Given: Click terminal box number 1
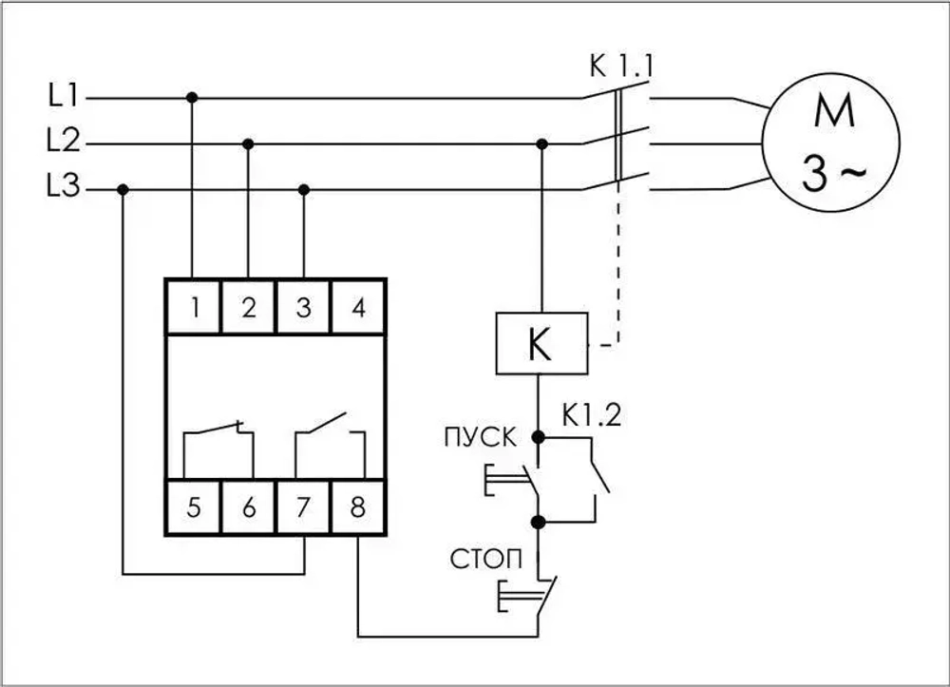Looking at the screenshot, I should coord(193,307).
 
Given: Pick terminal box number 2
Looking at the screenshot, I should coord(248,307).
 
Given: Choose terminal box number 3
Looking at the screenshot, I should coord(303,307).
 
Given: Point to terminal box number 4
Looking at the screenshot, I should coord(358,307).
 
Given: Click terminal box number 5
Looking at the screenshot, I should coord(193,507).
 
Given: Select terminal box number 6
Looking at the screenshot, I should coord(248,507).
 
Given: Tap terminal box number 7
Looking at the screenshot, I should coord(303,507).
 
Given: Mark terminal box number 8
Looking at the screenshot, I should coord(358,507).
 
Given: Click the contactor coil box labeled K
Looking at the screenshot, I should coord(540,345).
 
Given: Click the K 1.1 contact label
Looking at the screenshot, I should coord(621,67).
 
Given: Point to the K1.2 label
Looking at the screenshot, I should coord(591,414).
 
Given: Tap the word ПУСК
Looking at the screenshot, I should coord(480,438).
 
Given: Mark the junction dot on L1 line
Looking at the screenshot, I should coord(193,97).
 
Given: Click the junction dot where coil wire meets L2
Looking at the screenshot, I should coord(541,143).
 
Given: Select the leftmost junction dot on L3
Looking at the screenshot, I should coord(123,189).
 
